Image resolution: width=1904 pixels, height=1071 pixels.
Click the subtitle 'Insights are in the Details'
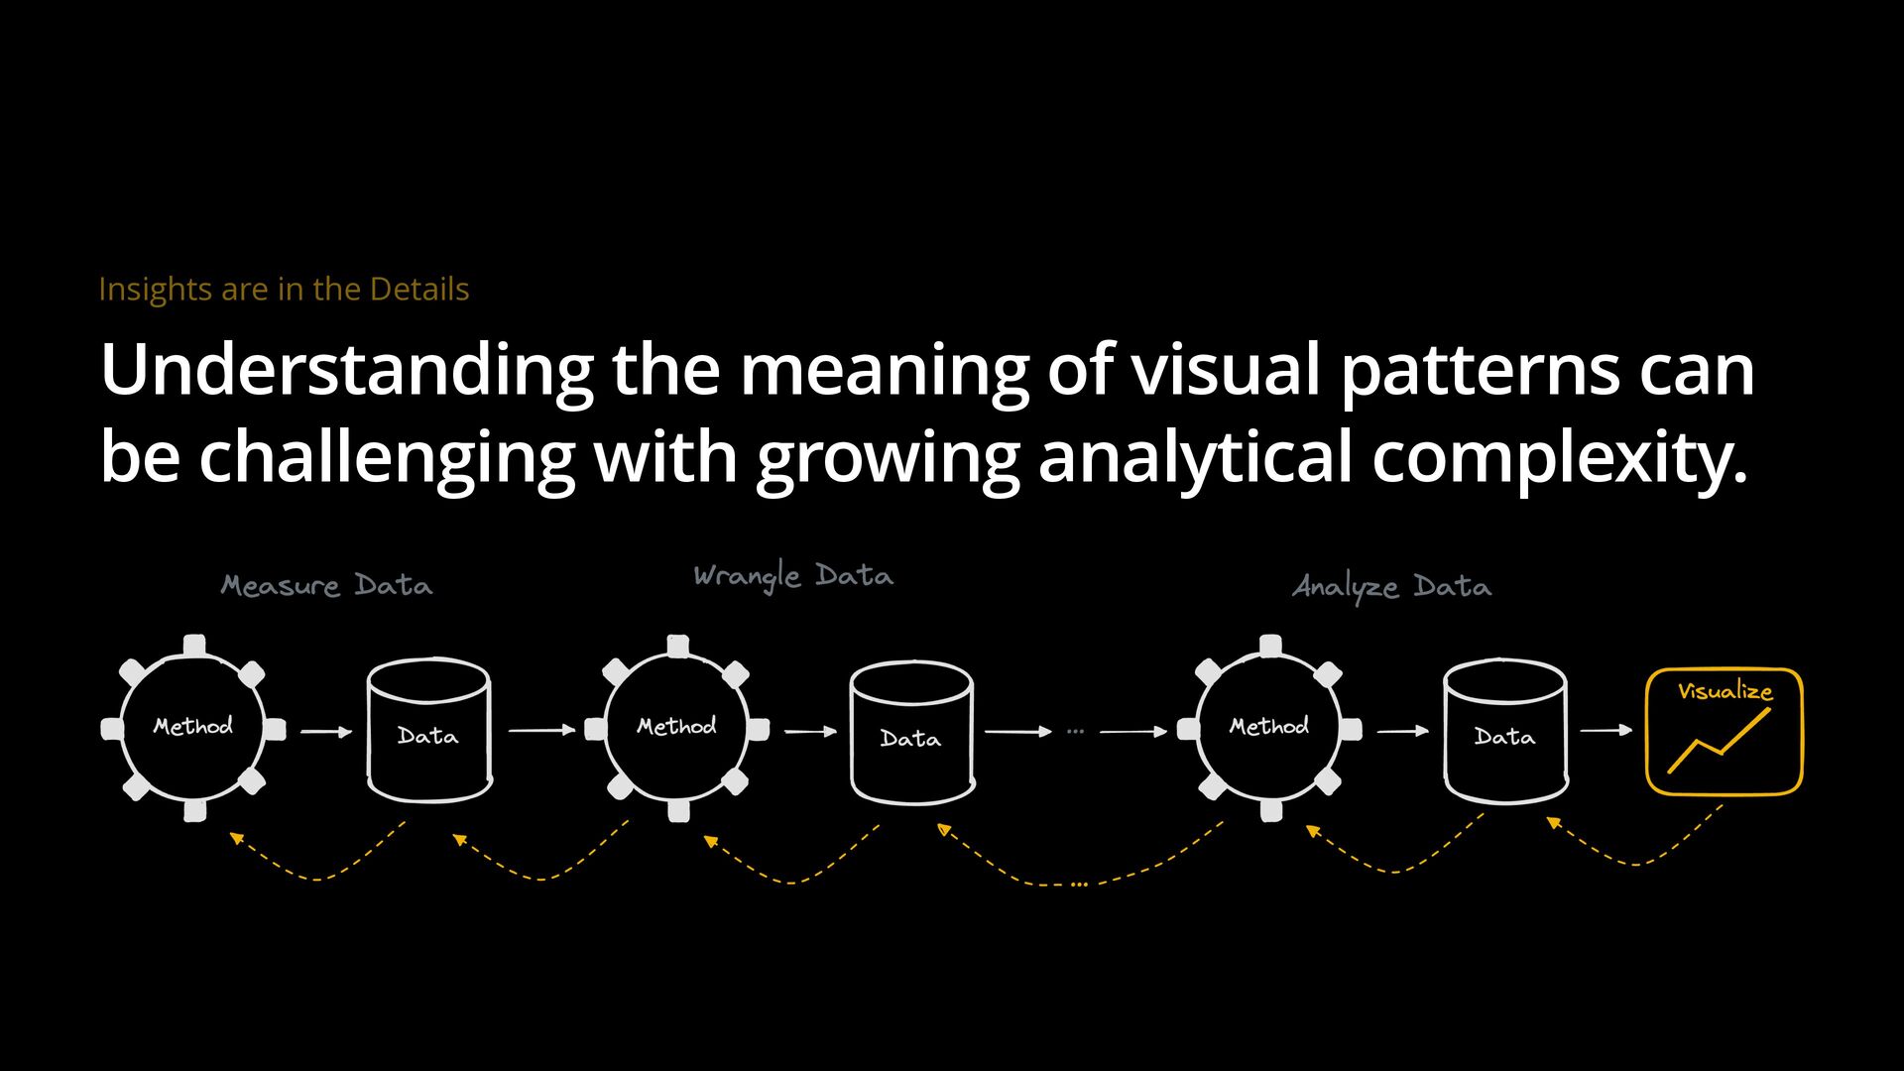pos(284,290)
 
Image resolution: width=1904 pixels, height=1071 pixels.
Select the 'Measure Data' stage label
pos(326,586)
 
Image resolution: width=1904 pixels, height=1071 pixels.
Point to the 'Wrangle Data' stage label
pos(793,576)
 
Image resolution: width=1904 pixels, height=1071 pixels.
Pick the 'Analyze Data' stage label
pos(1391,587)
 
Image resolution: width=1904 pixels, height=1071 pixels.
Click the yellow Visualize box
pos(1724,732)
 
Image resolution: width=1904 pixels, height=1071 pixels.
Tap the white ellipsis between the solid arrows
pos(1076,732)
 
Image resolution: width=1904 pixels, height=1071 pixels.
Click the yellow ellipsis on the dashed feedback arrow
pos(1079,884)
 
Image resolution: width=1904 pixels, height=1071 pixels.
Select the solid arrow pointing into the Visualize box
pos(1606,730)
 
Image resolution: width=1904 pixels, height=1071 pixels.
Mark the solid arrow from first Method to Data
pos(326,732)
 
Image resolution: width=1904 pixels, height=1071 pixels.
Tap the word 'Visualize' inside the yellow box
pos(1725,691)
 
